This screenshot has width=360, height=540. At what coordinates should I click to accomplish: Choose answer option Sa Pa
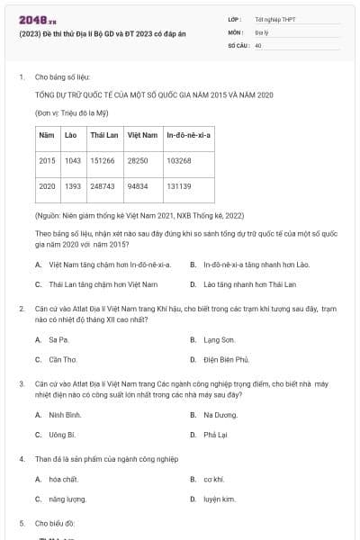[58, 339]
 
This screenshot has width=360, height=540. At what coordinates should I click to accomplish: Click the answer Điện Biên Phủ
[226, 359]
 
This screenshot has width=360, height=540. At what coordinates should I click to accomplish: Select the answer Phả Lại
[215, 434]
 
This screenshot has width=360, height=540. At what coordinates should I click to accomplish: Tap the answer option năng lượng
[67, 498]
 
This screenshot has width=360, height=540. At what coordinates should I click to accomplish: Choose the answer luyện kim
[219, 498]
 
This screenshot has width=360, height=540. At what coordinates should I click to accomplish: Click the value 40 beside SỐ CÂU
[258, 44]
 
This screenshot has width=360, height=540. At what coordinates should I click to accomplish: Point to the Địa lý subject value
[262, 31]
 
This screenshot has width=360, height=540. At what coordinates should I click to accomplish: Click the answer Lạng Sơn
[219, 339]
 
